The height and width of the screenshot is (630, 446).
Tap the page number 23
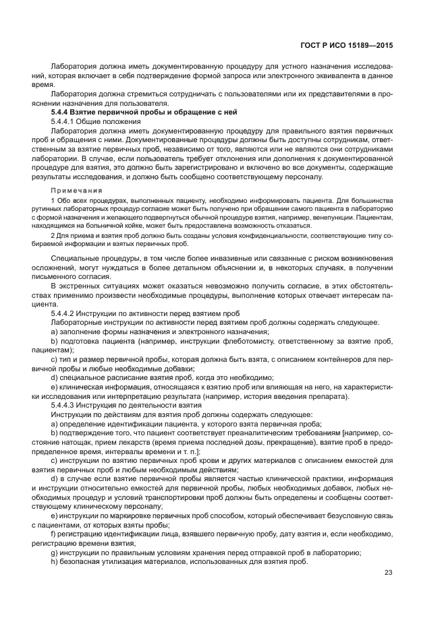click(x=388, y=573)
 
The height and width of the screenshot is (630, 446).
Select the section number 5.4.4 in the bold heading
click(x=62, y=111)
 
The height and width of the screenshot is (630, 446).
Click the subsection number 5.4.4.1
click(x=65, y=121)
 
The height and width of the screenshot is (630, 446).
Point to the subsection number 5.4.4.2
click(x=65, y=313)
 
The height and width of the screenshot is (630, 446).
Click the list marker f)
click(x=54, y=534)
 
